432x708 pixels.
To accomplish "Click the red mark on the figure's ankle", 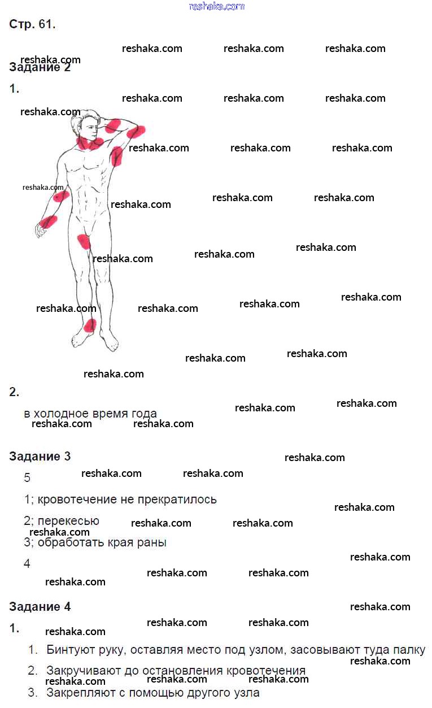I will point(89,325).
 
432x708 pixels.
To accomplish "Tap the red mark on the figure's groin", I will point(84,241).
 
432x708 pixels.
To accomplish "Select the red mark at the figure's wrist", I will point(49,221).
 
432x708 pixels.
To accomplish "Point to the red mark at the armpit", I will point(116,155).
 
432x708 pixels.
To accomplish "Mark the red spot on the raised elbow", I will point(136,132).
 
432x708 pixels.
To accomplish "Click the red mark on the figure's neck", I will point(90,142).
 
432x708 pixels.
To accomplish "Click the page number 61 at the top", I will point(46,24).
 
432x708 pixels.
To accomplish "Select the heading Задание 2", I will point(40,68).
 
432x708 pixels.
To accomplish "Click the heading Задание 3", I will point(40,457).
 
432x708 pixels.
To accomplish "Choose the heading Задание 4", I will point(40,607).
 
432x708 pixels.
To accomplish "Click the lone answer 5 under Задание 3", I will point(27,478).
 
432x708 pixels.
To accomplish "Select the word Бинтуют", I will point(67,650).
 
